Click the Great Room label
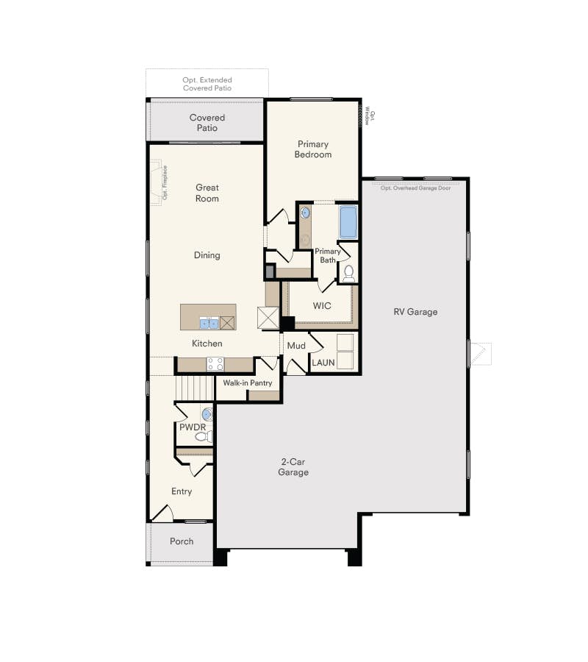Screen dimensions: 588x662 (207, 193)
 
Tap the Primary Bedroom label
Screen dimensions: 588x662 (313, 149)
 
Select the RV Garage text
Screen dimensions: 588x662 (415, 312)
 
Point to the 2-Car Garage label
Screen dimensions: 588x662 (293, 467)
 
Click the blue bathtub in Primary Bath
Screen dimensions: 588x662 (348, 222)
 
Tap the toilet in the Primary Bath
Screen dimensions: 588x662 (349, 274)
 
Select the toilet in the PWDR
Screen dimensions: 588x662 (204, 436)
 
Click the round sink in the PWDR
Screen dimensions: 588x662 (207, 414)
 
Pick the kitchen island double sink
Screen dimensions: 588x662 (209, 323)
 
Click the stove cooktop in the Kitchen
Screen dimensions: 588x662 (215, 364)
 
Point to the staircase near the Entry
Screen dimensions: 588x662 (195, 388)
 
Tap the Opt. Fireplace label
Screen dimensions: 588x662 (165, 182)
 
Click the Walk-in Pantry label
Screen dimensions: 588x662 (248, 383)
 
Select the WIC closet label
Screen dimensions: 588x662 (322, 306)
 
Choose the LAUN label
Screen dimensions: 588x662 (323, 363)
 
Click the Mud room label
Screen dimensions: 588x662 (296, 346)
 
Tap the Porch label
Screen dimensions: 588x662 (182, 541)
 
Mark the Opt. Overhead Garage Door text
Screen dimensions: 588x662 (415, 188)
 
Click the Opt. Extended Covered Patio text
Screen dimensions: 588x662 (207, 84)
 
